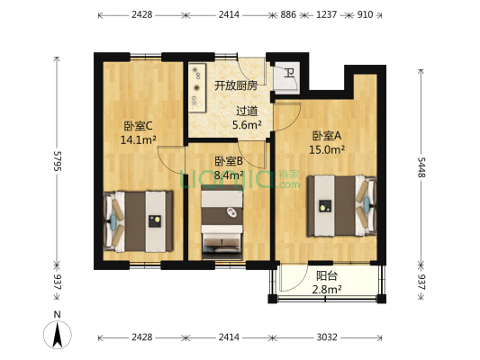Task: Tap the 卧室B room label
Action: tap(229, 161)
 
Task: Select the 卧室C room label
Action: tap(139, 126)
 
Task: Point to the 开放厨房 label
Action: tap(235, 86)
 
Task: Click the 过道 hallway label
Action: tap(246, 112)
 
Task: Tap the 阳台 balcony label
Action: tap(327, 275)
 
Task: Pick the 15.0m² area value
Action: tap(327, 150)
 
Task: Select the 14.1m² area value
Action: tap(139, 140)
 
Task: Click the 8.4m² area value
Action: tap(229, 175)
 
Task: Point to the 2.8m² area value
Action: tap(327, 289)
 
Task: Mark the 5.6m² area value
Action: tap(246, 126)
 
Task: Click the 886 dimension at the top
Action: tap(288, 15)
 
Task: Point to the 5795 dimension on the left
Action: tap(58, 160)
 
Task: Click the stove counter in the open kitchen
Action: tap(196, 87)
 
